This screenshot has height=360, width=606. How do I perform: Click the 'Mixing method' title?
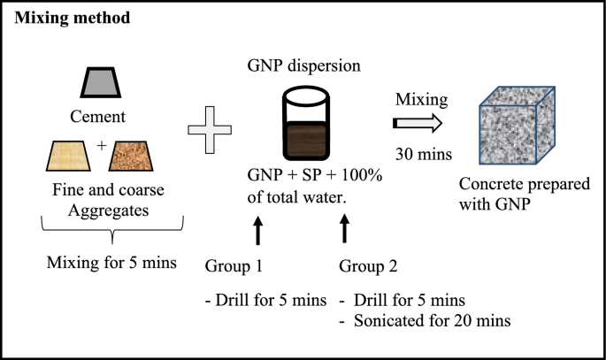(x=71, y=19)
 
